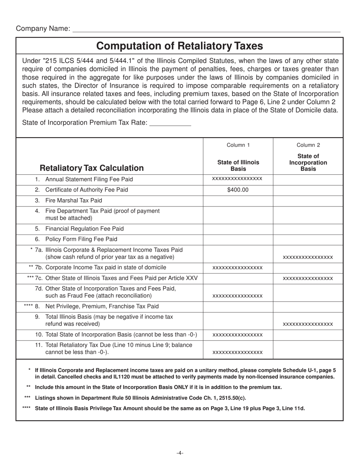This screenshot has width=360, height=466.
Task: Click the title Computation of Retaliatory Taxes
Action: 180,46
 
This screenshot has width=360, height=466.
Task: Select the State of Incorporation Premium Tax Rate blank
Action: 171,123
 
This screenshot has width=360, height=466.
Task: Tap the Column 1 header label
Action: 238,145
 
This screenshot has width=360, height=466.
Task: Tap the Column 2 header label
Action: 308,145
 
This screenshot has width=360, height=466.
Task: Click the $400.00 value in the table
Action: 238,190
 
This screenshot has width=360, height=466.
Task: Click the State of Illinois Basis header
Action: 238,165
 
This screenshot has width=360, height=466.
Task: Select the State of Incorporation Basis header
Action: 308,162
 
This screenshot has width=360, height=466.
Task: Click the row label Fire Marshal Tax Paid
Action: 74,200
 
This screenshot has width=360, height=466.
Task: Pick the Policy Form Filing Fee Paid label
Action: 81,239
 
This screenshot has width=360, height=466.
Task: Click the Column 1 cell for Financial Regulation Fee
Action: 238,229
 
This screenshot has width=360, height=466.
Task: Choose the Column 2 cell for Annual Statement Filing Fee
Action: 308,179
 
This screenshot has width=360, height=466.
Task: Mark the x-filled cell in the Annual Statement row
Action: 238,179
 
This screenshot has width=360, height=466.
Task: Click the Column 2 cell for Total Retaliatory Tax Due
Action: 308,349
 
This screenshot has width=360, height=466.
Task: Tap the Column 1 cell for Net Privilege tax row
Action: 238,306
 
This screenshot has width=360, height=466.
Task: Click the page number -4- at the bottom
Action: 180,453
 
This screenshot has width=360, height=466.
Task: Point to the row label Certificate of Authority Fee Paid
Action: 86,190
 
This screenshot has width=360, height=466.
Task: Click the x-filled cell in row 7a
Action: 308,257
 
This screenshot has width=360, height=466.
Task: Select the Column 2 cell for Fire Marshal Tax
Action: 308,200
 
